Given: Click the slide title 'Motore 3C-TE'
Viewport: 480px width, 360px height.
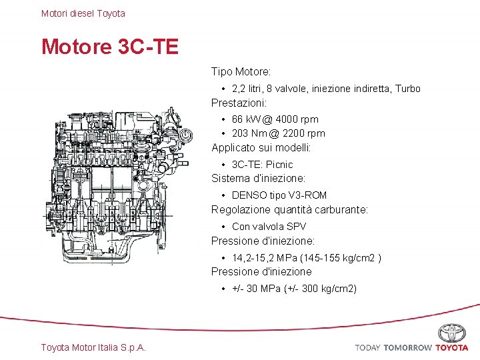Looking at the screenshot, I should click(x=110, y=47).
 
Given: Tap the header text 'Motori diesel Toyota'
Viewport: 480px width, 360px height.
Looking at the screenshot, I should click(x=83, y=13).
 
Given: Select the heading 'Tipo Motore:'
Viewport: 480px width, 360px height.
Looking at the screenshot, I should click(x=241, y=71).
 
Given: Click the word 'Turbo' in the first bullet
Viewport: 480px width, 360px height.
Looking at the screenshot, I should click(x=407, y=89).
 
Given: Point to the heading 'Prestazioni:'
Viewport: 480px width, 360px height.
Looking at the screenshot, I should click(x=239, y=103).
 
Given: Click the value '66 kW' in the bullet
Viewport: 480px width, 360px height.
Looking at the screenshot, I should click(x=246, y=119).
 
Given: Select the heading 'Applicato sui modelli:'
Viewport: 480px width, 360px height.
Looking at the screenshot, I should click(x=261, y=148).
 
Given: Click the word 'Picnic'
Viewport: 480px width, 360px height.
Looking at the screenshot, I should click(x=279, y=164).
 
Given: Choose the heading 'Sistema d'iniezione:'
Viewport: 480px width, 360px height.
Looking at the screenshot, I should click(x=258, y=179).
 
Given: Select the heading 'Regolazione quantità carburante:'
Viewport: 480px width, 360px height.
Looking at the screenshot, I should click(x=289, y=210).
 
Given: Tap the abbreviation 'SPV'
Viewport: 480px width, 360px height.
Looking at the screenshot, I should click(x=296, y=227).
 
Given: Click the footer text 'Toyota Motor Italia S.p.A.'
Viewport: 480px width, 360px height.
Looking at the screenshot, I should click(x=93, y=347).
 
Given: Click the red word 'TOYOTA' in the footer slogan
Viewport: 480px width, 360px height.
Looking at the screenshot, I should click(x=452, y=348).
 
